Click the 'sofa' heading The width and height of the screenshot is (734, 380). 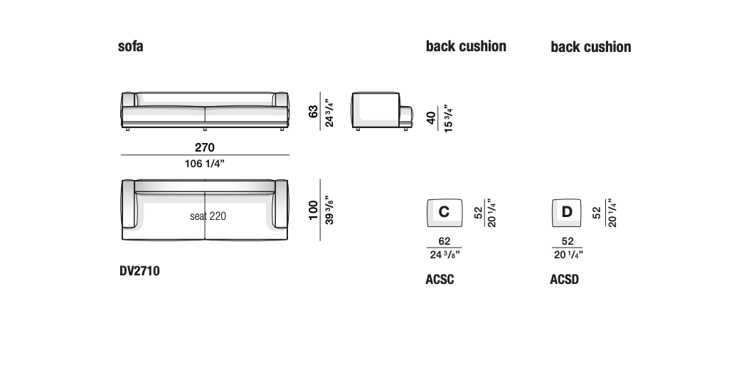click(131, 46)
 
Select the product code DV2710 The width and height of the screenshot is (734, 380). click(139, 271)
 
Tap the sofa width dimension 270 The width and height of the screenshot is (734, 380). click(205, 147)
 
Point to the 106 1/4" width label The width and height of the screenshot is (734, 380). click(205, 164)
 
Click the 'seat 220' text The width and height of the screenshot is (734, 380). click(208, 216)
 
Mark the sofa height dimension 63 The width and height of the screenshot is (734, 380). click(313, 111)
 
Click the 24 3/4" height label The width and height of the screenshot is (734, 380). click(329, 112)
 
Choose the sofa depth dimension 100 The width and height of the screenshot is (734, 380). click(313, 210)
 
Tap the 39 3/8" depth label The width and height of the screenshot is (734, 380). click(329, 210)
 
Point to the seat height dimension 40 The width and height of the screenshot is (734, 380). click(431, 117)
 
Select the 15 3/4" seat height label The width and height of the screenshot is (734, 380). click(448, 119)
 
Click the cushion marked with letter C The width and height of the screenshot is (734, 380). click(445, 213)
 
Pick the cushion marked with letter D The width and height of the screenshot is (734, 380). click(566, 213)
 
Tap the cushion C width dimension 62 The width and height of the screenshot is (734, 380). click(445, 241)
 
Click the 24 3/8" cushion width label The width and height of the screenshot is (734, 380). click(445, 255)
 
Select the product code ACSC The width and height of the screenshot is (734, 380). click(440, 280)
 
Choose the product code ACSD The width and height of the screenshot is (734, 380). click(564, 280)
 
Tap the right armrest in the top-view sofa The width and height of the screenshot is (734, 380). click(282, 204)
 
